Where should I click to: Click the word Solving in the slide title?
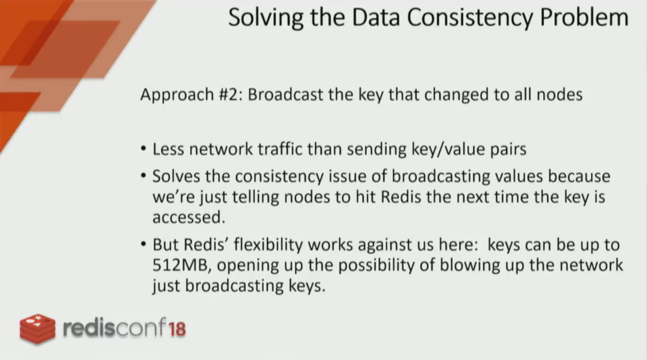[266, 18]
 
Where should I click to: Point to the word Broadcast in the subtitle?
[285, 94]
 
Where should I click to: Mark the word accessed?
[189, 218]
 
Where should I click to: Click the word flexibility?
[268, 244]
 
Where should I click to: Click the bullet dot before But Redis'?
[144, 244]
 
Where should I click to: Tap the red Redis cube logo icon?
[38, 329]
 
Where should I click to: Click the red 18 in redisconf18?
[177, 329]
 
